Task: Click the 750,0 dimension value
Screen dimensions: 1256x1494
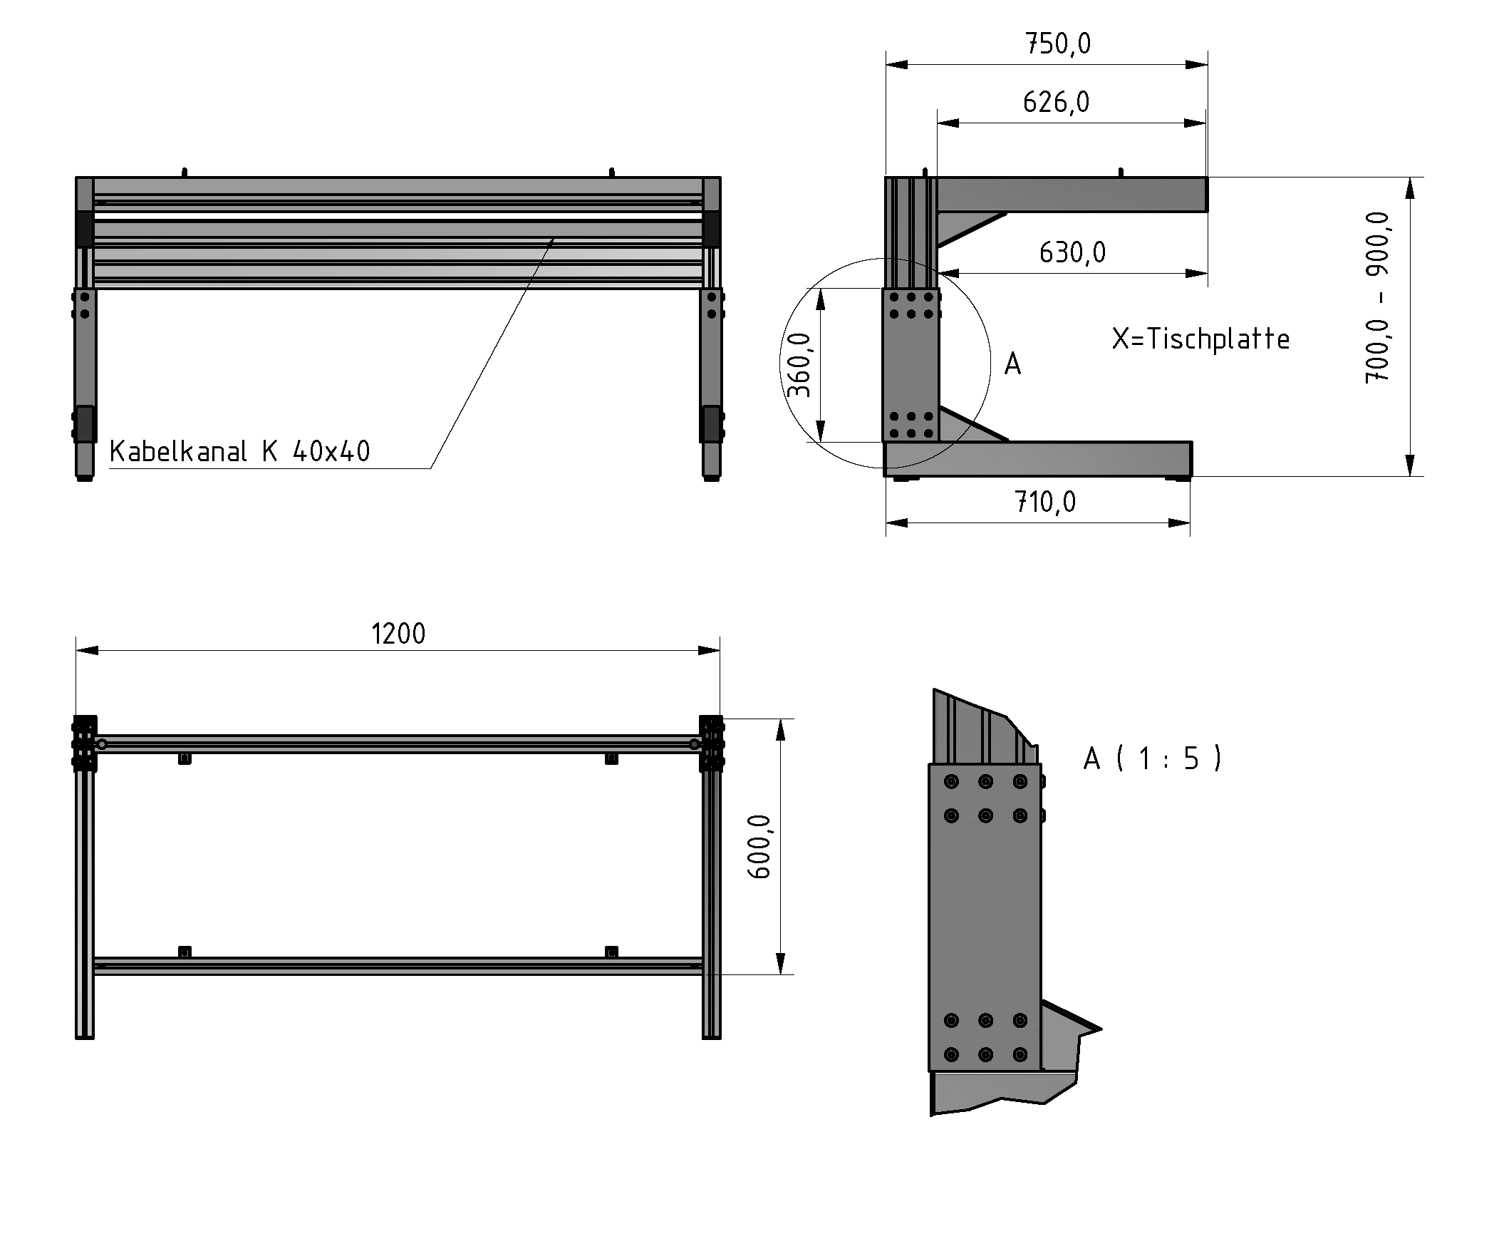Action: tap(1057, 44)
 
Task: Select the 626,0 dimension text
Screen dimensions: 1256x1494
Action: tap(1056, 103)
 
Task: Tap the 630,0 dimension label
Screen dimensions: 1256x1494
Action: tap(1072, 252)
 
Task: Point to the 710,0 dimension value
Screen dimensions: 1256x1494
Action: tap(1045, 503)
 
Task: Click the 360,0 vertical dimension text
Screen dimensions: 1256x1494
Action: tap(800, 365)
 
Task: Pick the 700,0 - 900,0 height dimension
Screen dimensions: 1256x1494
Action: tap(1376, 298)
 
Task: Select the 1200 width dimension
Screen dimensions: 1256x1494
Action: tap(398, 634)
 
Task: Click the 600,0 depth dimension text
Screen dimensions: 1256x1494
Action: tap(760, 846)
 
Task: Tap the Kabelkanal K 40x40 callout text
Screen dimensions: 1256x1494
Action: tap(239, 451)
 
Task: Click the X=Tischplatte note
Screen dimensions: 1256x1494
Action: tap(1200, 339)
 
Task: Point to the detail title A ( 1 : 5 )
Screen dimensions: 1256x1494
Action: tap(1152, 758)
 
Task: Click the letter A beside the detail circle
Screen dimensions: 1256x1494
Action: tap(1012, 364)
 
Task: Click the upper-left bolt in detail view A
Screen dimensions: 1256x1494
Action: tap(951, 782)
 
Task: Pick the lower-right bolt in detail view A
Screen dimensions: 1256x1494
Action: tap(1020, 1054)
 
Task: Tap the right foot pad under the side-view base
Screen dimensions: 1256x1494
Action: tap(1177, 479)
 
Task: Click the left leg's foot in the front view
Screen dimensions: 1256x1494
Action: tap(85, 478)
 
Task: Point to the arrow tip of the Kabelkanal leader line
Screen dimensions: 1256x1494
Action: tap(553, 240)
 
